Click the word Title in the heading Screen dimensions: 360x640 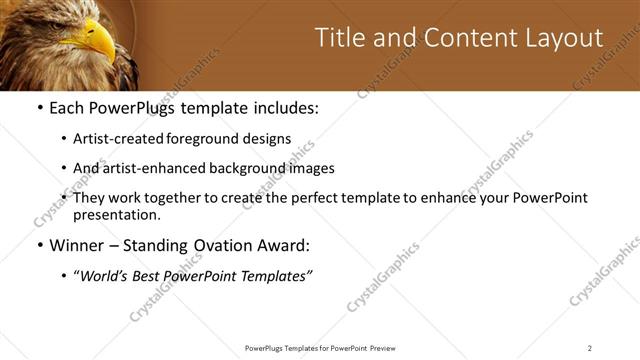(x=339, y=38)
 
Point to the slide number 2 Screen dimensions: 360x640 (x=589, y=348)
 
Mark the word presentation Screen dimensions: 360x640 (x=116, y=214)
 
